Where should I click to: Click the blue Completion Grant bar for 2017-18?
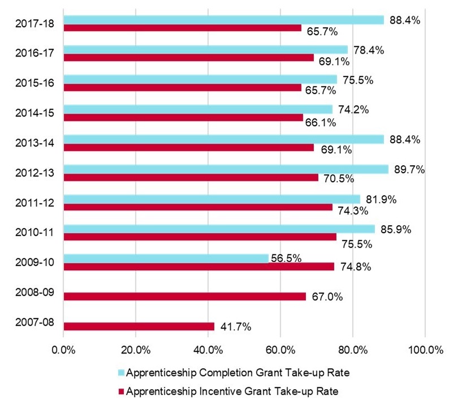coord(223,20)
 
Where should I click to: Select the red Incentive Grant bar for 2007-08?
coord(139,326)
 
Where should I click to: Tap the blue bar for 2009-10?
coord(166,258)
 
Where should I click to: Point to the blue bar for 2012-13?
coord(226,169)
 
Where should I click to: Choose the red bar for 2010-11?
coord(200,237)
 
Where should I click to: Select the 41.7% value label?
coord(235,326)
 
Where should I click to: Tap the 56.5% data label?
coord(287,258)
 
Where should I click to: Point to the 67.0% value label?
coord(326,296)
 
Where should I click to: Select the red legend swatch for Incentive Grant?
coord(121,390)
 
